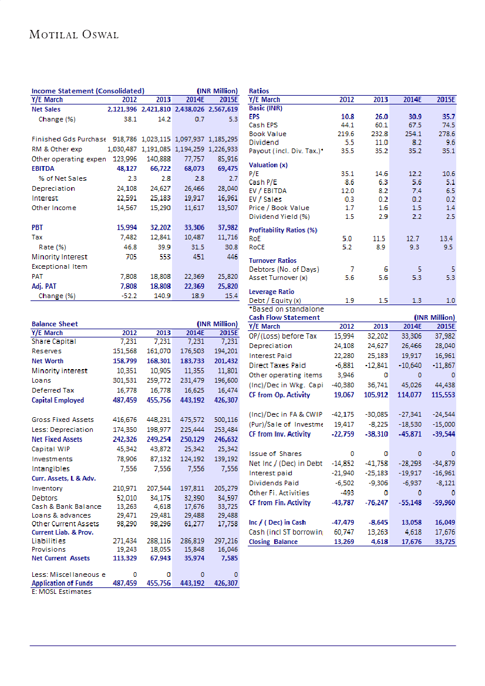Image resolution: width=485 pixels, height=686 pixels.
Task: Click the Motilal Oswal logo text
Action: click(74, 35)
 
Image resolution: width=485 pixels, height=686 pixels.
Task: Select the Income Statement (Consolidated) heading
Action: click(87, 91)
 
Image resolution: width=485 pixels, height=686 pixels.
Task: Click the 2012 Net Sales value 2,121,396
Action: click(122, 109)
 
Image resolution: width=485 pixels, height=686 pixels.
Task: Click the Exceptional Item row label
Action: click(59, 266)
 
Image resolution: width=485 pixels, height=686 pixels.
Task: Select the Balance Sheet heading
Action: click(55, 323)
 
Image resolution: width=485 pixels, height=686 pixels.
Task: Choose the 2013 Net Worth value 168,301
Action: click(157, 361)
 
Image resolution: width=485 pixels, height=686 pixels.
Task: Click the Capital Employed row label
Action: click(58, 400)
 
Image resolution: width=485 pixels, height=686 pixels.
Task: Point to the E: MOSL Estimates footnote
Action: click(62, 592)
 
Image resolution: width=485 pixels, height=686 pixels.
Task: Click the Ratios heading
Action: click(259, 91)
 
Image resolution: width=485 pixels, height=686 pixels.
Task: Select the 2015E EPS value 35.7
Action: click(449, 117)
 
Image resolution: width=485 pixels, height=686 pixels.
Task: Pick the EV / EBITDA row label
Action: click(268, 191)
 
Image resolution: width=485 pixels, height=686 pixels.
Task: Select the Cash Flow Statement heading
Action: click(284, 317)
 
